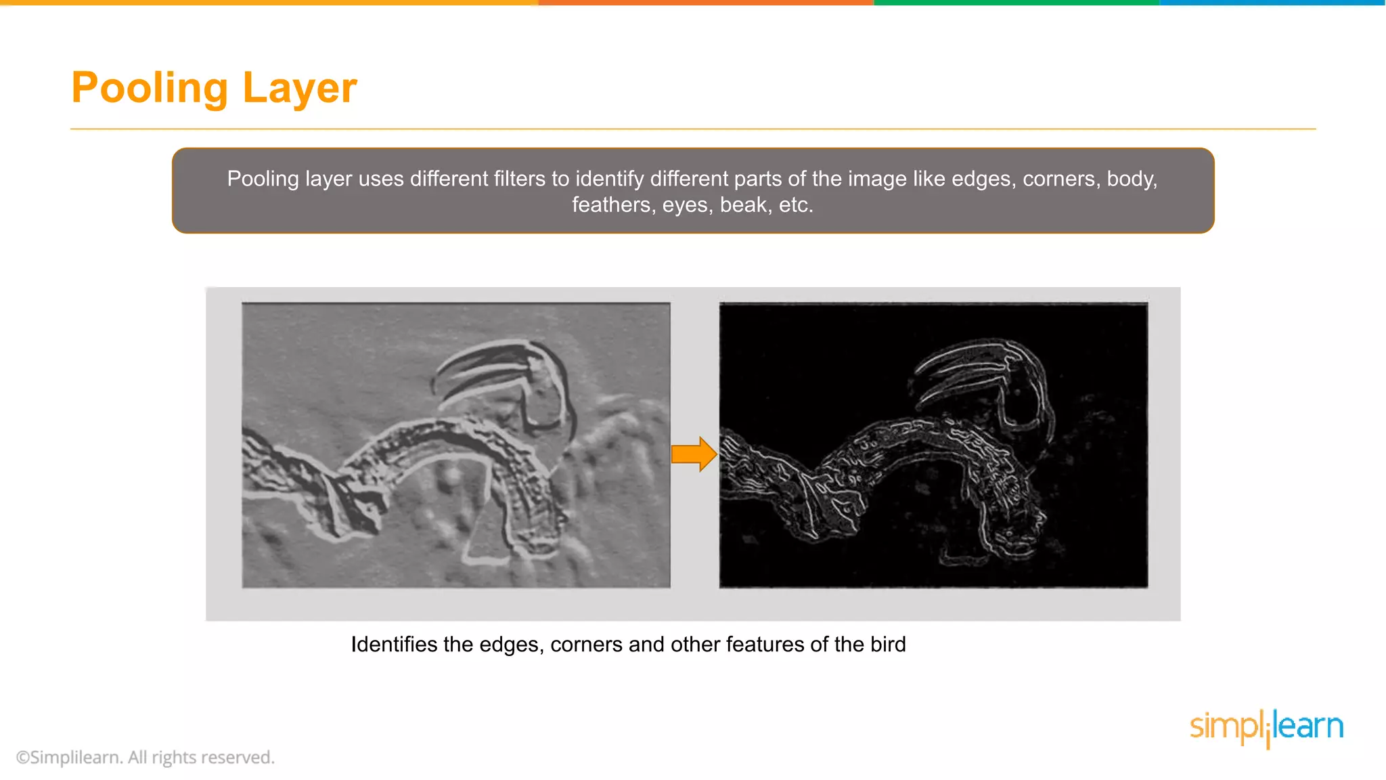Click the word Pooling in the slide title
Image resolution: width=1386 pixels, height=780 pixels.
pos(150,89)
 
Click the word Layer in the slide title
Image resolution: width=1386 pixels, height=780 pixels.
pos(299,89)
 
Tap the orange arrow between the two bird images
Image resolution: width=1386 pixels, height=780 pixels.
pos(694,454)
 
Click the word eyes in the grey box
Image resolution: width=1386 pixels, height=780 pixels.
pos(687,204)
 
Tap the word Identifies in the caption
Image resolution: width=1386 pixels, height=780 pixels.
pos(394,645)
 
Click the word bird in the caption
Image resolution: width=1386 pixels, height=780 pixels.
pos(887,645)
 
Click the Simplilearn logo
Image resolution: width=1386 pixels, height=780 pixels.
pos(1266,727)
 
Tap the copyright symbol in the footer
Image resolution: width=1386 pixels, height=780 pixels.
pos(22,758)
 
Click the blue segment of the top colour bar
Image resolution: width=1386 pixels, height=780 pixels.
pos(1272,3)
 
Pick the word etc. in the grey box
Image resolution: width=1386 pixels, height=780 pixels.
pos(796,204)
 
